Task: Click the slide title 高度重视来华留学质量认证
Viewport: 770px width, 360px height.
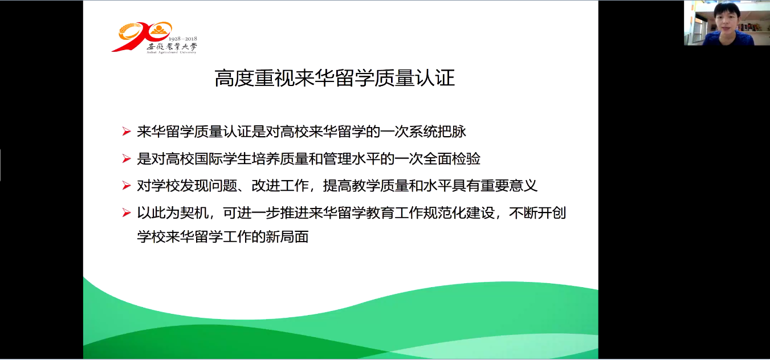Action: (x=335, y=78)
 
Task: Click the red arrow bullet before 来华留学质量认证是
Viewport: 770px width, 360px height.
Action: (x=127, y=132)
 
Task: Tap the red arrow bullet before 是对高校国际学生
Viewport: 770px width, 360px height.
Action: (x=127, y=159)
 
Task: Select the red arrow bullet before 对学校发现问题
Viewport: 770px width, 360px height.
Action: (x=127, y=186)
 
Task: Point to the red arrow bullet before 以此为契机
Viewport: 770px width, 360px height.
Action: (x=127, y=213)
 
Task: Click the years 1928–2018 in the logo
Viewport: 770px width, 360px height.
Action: (x=182, y=39)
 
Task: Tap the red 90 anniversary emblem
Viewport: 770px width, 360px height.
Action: (x=141, y=36)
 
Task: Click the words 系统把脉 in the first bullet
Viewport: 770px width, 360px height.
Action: (x=437, y=132)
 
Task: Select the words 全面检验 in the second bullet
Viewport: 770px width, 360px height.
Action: (x=452, y=159)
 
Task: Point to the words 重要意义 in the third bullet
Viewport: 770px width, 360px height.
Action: (x=509, y=186)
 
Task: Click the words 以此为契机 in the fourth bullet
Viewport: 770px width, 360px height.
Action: (x=173, y=213)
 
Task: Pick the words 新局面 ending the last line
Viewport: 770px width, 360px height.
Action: (x=287, y=237)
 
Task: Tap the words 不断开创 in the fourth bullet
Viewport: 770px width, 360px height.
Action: (x=537, y=213)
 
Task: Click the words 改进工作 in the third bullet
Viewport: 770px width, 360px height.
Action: (x=280, y=186)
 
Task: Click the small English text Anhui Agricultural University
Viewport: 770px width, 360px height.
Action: (x=172, y=52)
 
